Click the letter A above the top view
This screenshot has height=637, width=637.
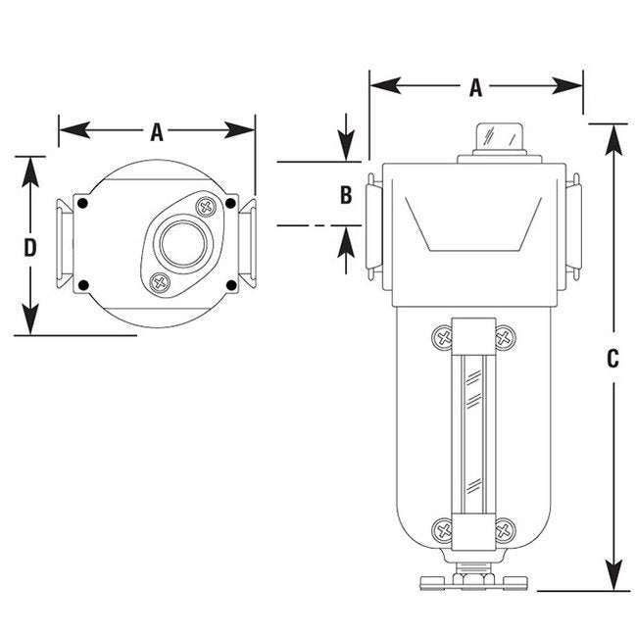click(157, 131)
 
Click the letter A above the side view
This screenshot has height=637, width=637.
click(475, 88)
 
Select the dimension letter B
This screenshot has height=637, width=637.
click(345, 195)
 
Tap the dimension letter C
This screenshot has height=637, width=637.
click(612, 359)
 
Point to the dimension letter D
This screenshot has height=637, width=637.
click(30, 247)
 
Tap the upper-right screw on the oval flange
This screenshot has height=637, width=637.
click(205, 206)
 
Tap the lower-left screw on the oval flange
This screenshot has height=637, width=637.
click(158, 283)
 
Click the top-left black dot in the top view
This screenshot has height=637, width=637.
click(83, 203)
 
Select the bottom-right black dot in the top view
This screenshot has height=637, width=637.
click(231, 285)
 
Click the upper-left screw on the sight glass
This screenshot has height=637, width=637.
click(442, 338)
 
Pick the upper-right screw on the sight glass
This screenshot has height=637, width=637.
click(506, 338)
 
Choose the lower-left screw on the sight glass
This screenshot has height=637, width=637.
click(442, 531)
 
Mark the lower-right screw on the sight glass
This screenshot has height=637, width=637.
click(505, 531)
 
